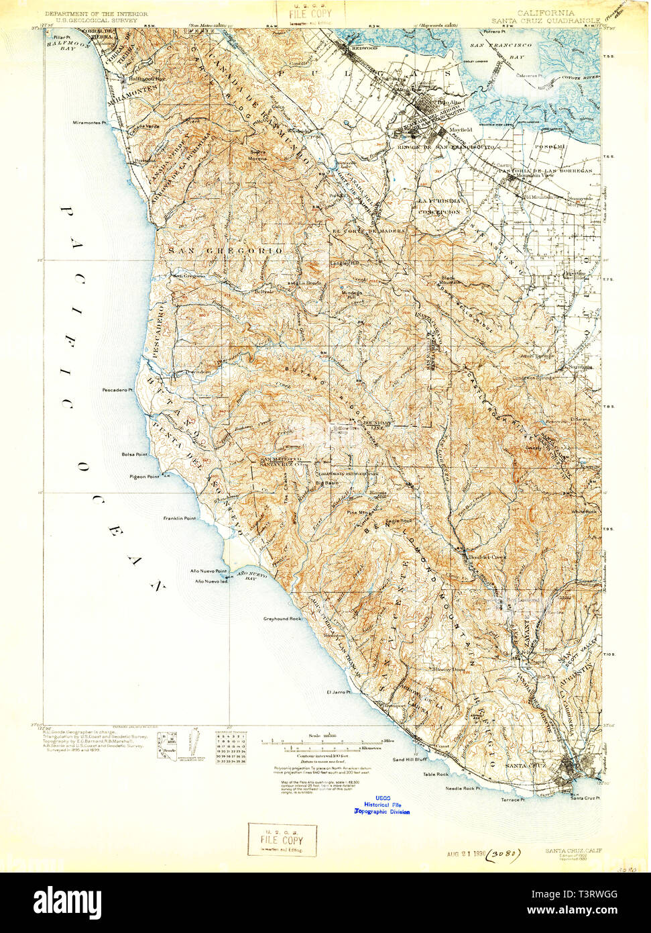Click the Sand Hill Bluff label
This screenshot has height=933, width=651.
click(410, 760)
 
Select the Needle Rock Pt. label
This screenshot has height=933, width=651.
click(464, 788)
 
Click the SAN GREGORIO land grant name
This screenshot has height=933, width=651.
click(226, 250)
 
